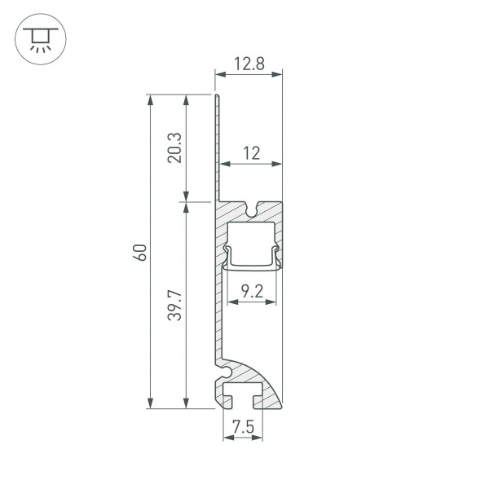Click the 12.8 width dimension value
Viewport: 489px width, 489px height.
pos(249,64)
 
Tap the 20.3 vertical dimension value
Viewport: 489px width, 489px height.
pos(174,148)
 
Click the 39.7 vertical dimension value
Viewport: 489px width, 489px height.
pos(174,304)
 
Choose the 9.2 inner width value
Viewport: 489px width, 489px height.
pos(252,290)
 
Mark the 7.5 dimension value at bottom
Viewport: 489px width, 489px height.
pos(242,426)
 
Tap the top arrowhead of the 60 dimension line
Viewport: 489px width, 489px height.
pos(150,100)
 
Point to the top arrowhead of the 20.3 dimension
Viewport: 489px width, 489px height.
pos(187,100)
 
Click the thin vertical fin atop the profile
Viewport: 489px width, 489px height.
pos(218,147)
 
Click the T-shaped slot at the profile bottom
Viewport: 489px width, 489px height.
pos(242,397)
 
